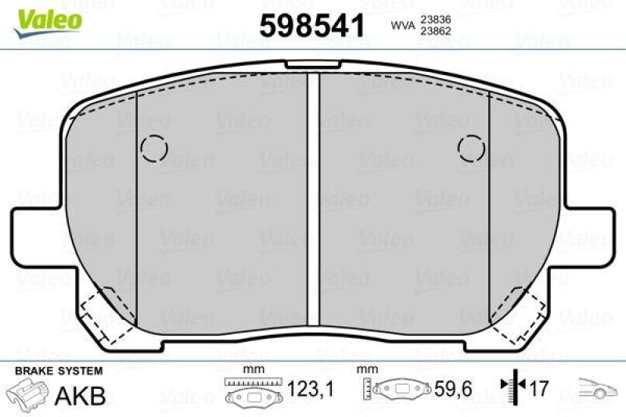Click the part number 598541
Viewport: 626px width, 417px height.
coord(311,26)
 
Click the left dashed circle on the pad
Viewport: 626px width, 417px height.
coord(154,147)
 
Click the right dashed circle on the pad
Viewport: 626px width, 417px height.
coord(472,146)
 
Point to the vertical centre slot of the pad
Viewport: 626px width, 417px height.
coord(313,200)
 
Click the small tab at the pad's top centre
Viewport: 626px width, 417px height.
coord(313,66)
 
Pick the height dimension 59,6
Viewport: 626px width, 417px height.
coord(452,389)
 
